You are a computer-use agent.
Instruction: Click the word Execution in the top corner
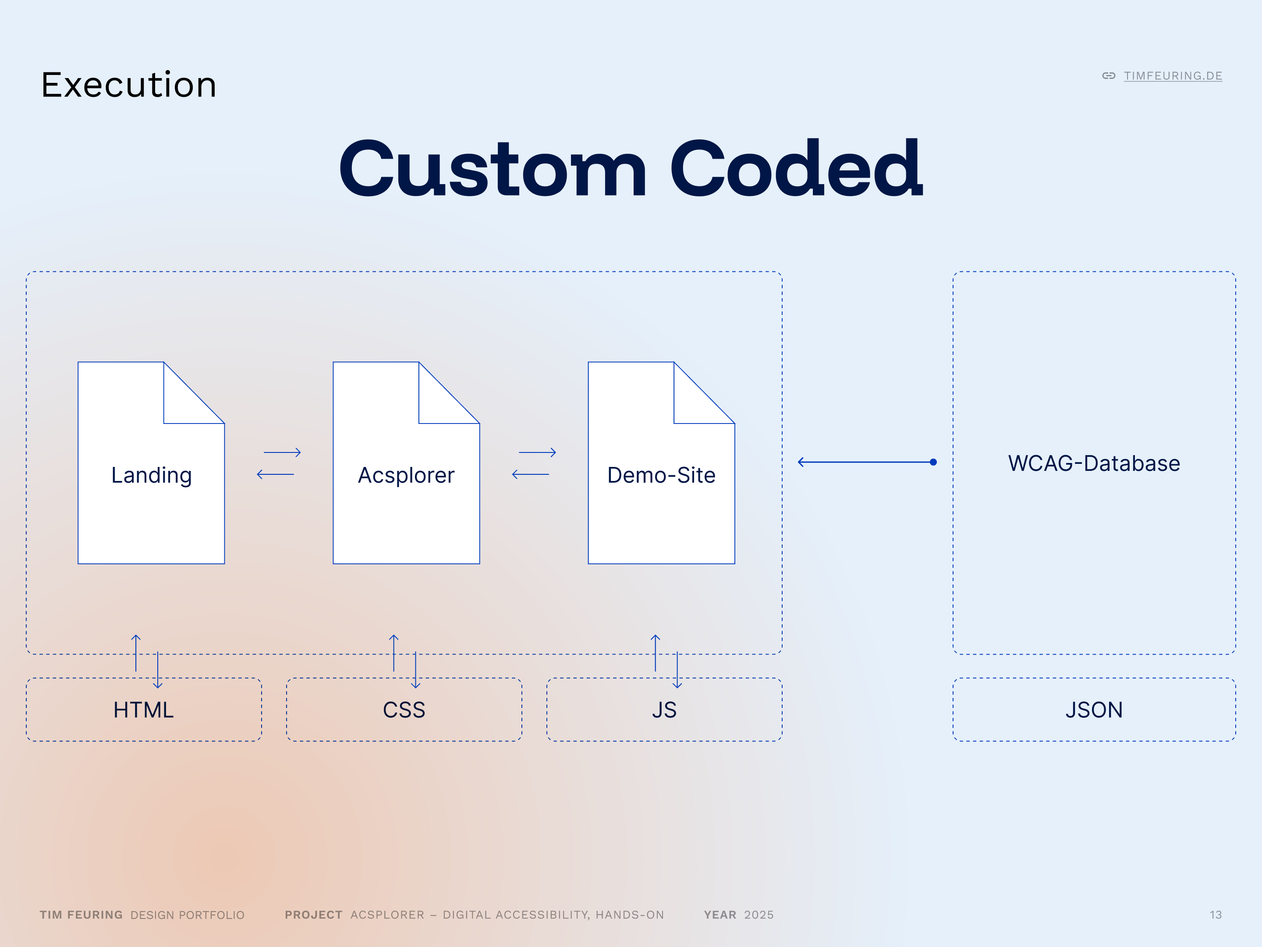129,85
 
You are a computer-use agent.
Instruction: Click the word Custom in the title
493,169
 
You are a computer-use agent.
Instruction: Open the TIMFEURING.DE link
1173,76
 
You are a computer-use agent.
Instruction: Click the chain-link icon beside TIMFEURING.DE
1109,76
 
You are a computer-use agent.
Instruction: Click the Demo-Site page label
661,475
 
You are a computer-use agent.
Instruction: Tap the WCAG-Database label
1094,463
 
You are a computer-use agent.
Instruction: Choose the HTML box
144,709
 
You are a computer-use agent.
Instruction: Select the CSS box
404,709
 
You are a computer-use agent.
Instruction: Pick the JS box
664,709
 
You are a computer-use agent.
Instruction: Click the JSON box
1094,709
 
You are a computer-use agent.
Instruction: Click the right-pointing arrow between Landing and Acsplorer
282,452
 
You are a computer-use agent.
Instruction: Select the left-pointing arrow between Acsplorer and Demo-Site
531,474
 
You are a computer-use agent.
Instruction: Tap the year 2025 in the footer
759,915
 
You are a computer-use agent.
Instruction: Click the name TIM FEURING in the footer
81,915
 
